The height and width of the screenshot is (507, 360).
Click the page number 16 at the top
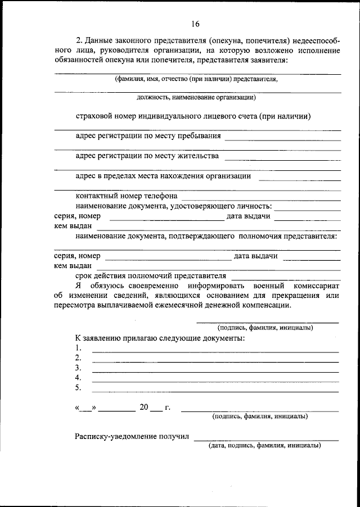coord(195,24)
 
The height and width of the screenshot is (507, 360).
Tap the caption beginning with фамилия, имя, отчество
coord(196,79)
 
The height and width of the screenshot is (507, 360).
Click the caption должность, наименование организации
coord(196,97)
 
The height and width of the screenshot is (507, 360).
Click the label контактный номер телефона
coord(127,196)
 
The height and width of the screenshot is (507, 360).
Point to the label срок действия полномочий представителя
coord(150,276)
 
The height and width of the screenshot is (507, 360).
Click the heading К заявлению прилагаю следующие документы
coord(160,338)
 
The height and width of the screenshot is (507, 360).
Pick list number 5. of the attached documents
coord(78,388)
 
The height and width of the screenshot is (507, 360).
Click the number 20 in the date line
coord(143,408)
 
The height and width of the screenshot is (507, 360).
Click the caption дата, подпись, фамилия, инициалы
coord(264,445)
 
